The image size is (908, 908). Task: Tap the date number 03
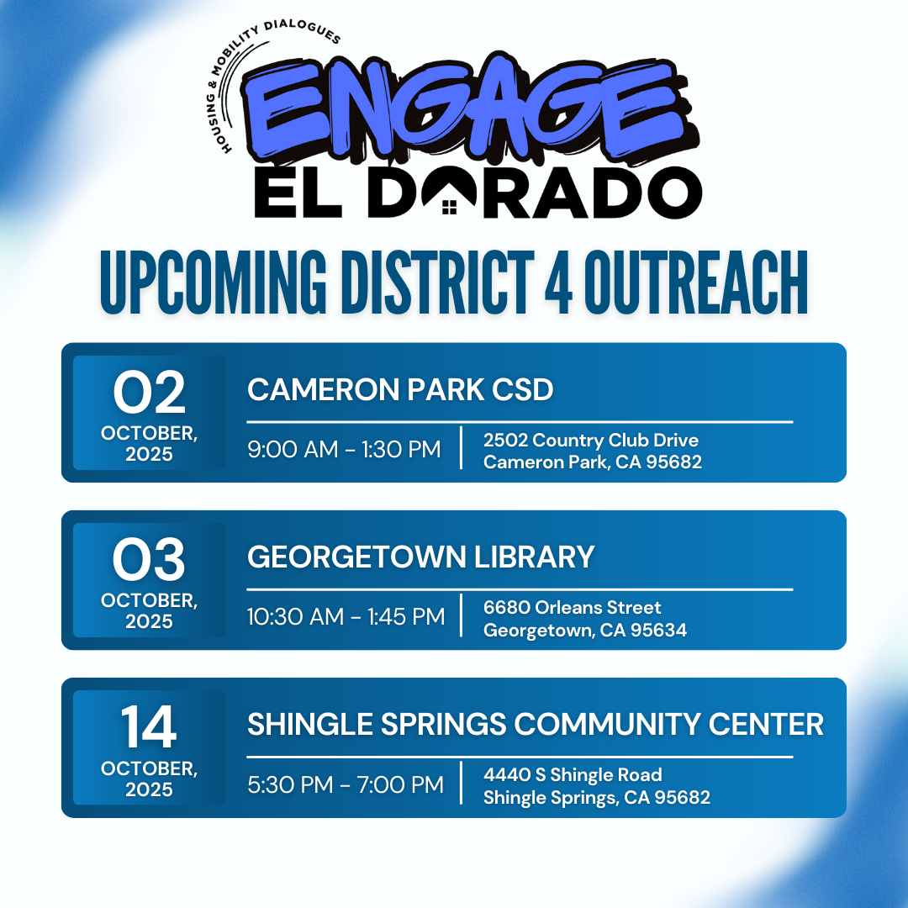click(x=150, y=562)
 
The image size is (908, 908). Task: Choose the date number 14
click(x=149, y=728)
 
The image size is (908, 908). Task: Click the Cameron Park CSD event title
click(x=400, y=390)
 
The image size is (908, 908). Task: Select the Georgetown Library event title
click(x=420, y=557)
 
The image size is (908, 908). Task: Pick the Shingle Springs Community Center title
click(x=535, y=724)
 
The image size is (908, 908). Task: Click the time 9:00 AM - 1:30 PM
click(x=344, y=450)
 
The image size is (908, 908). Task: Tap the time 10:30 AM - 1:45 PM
click(x=346, y=617)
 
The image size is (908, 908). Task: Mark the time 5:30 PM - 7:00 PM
click(x=346, y=785)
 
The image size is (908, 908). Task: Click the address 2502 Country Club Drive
click(x=590, y=440)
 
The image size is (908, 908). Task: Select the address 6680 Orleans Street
click(x=572, y=607)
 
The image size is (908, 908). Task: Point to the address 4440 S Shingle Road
click(x=573, y=774)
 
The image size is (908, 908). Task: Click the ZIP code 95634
click(x=661, y=630)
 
